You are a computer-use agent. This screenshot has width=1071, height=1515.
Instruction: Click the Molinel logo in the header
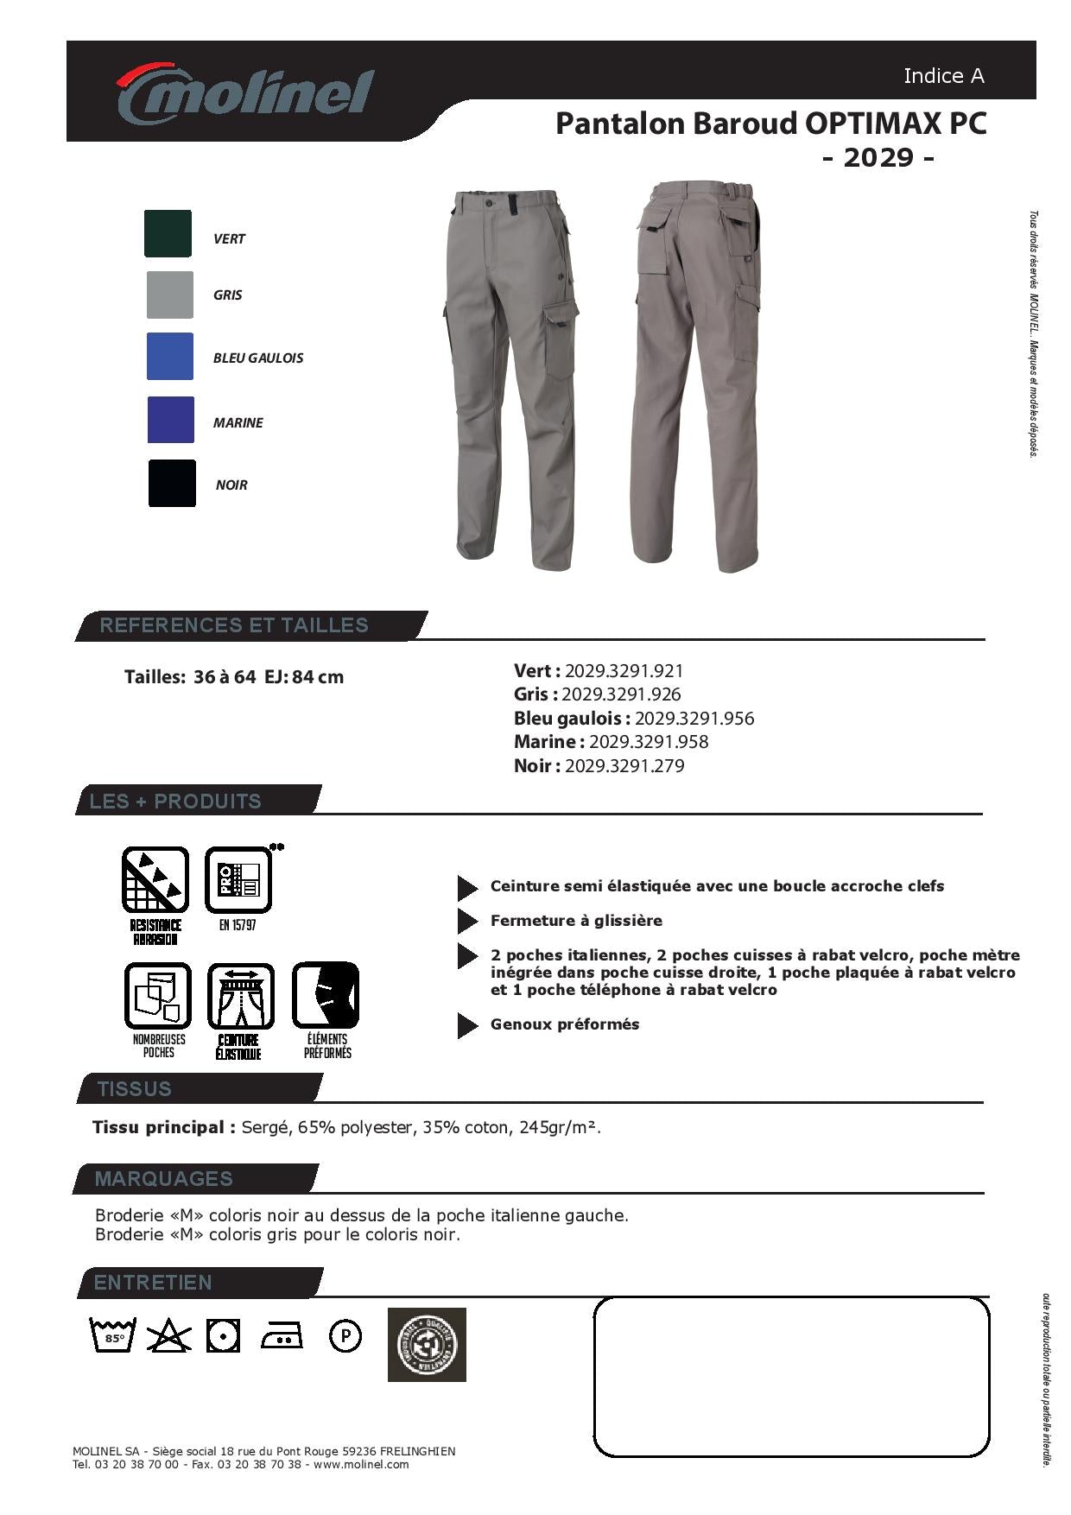[x=244, y=92]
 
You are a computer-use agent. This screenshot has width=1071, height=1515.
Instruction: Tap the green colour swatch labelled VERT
[x=168, y=233]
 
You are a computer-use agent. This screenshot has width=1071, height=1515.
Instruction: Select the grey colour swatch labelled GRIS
[x=169, y=295]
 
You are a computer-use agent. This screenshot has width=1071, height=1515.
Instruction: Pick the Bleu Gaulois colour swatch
[x=170, y=356]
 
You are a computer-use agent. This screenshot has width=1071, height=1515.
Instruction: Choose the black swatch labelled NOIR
[x=172, y=483]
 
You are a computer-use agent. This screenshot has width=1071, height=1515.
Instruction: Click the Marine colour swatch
[x=171, y=420]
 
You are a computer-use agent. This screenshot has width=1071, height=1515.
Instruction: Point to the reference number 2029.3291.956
[x=694, y=719]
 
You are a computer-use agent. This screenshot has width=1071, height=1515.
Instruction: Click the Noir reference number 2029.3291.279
[x=624, y=766]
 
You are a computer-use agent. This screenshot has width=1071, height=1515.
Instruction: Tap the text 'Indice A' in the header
[x=943, y=76]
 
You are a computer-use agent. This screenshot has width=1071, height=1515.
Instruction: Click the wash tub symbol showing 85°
[x=113, y=1335]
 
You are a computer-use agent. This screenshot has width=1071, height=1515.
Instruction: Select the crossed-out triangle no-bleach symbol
[x=168, y=1336]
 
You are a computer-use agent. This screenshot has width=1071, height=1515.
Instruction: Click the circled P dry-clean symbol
[x=345, y=1336]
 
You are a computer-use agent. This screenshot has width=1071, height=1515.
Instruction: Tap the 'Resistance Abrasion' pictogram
[x=155, y=880]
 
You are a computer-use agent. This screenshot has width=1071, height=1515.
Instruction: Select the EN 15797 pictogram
[x=238, y=880]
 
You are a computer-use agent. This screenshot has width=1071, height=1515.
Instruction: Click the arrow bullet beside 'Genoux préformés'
[x=467, y=1025]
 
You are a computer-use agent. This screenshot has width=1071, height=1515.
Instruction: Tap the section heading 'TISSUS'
[x=135, y=1089]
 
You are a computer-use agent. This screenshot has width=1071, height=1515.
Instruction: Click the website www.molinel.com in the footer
[x=361, y=1465]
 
